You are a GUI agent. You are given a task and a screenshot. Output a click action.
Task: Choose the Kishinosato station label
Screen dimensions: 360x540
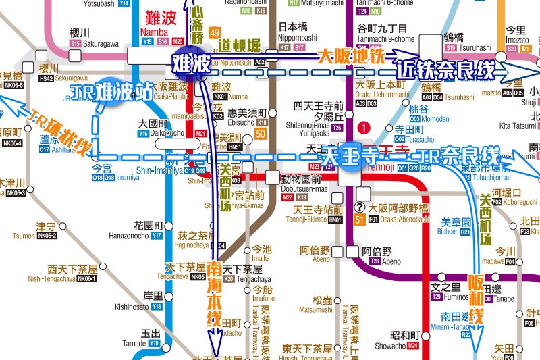[150, 301]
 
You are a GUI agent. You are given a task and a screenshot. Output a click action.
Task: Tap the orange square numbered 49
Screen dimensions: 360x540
[215, 33]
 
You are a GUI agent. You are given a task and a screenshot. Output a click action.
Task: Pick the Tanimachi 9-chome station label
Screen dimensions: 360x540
[383, 34]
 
